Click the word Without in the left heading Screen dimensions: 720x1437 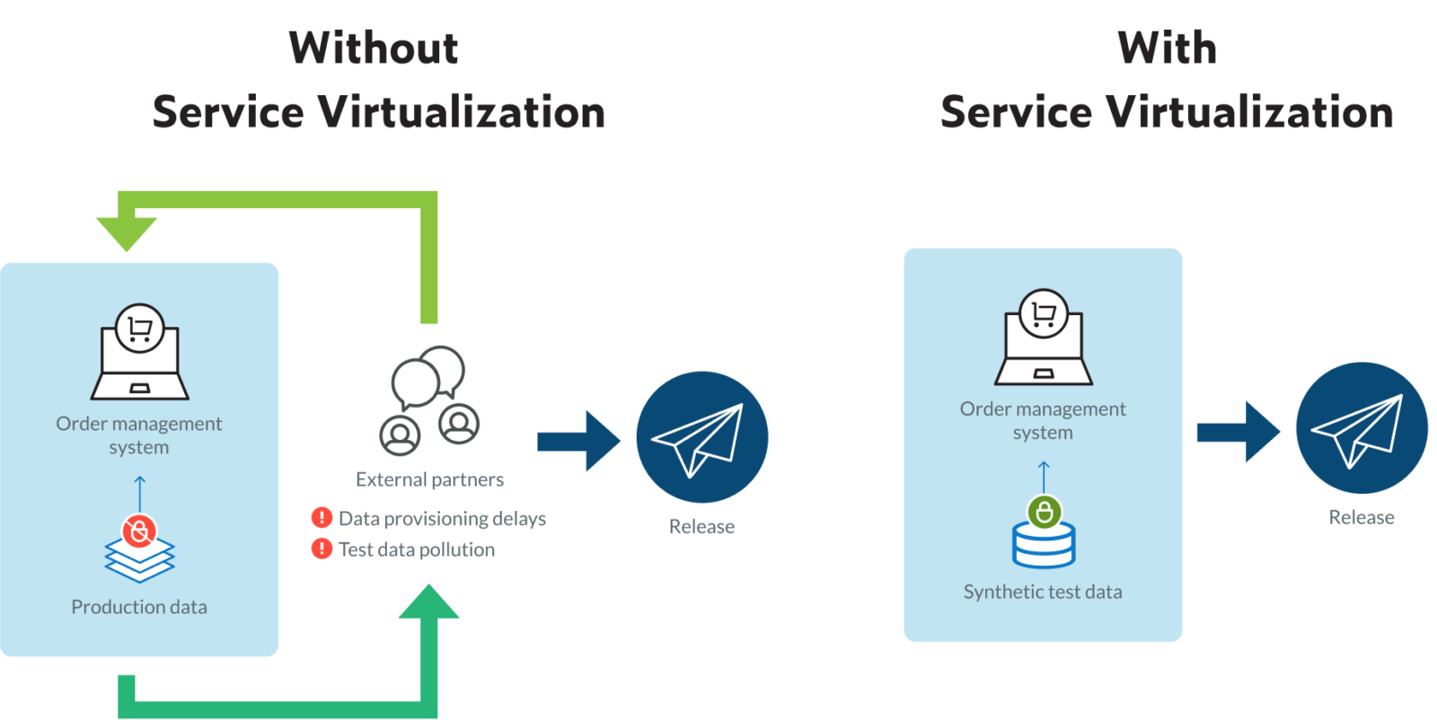coord(374,48)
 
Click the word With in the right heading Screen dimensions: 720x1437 coord(1167,48)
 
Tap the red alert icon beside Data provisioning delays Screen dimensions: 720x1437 coord(322,518)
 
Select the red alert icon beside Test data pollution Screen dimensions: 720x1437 coord(322,549)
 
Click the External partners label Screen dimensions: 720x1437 coord(429,479)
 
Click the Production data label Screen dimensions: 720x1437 coord(139,607)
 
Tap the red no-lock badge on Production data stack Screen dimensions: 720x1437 coord(139,531)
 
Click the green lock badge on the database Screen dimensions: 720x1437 coord(1044,513)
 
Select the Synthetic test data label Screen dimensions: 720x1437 coord(1043,592)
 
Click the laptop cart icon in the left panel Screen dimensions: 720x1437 coord(140,353)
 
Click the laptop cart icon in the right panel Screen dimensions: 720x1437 coord(1044,338)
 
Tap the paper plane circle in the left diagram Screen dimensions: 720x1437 coord(702,437)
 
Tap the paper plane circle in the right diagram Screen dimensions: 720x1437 coord(1362,427)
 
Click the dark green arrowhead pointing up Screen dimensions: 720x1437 coord(428,603)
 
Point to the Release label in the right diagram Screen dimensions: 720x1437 coord(1362,517)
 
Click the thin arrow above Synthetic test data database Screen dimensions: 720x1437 coord(1044,477)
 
